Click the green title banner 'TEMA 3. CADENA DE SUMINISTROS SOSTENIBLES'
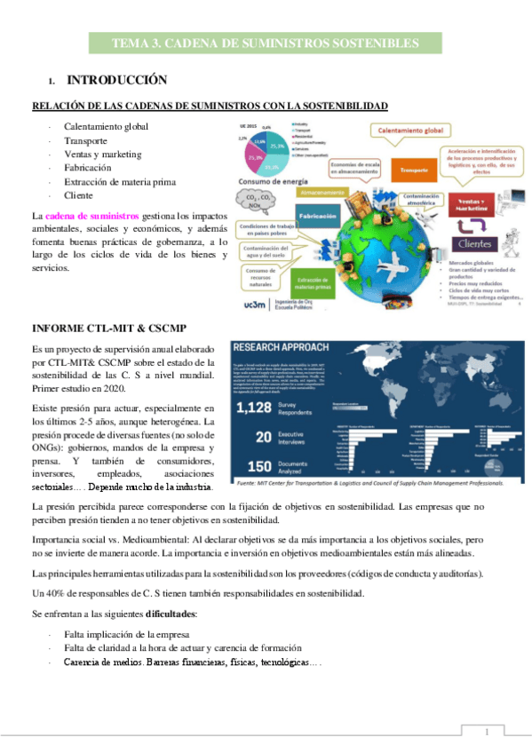tap(266, 43)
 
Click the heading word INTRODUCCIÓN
tap(117, 79)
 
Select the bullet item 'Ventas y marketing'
tap(102, 154)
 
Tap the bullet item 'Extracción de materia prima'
tap(120, 181)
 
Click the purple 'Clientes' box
tap(477, 243)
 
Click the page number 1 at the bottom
tap(488, 731)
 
